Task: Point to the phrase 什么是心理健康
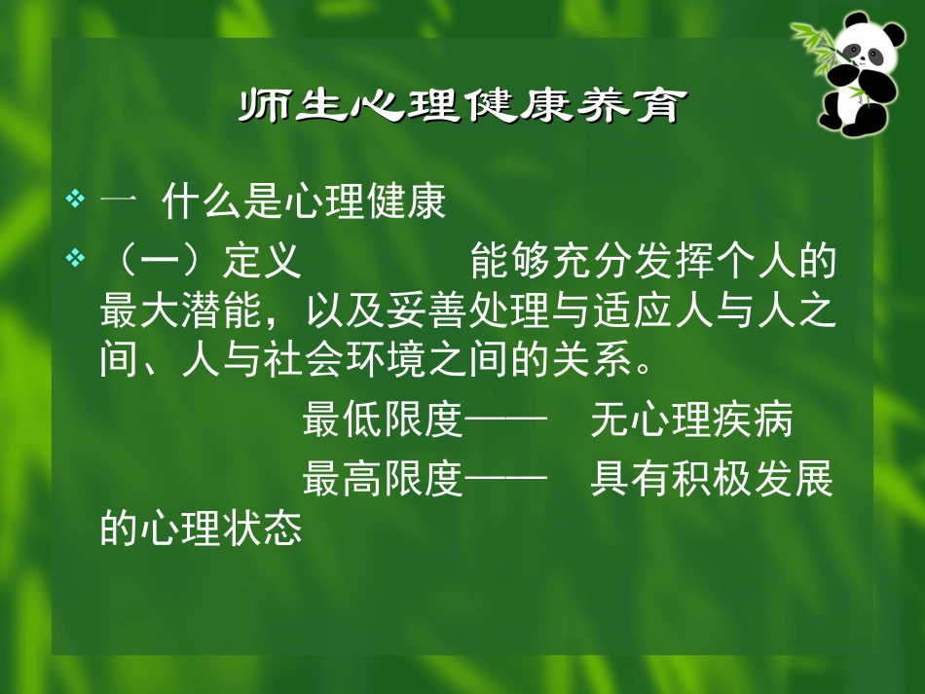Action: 304,204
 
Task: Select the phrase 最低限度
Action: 383,423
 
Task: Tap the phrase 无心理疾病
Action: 692,423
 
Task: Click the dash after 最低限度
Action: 503,423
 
